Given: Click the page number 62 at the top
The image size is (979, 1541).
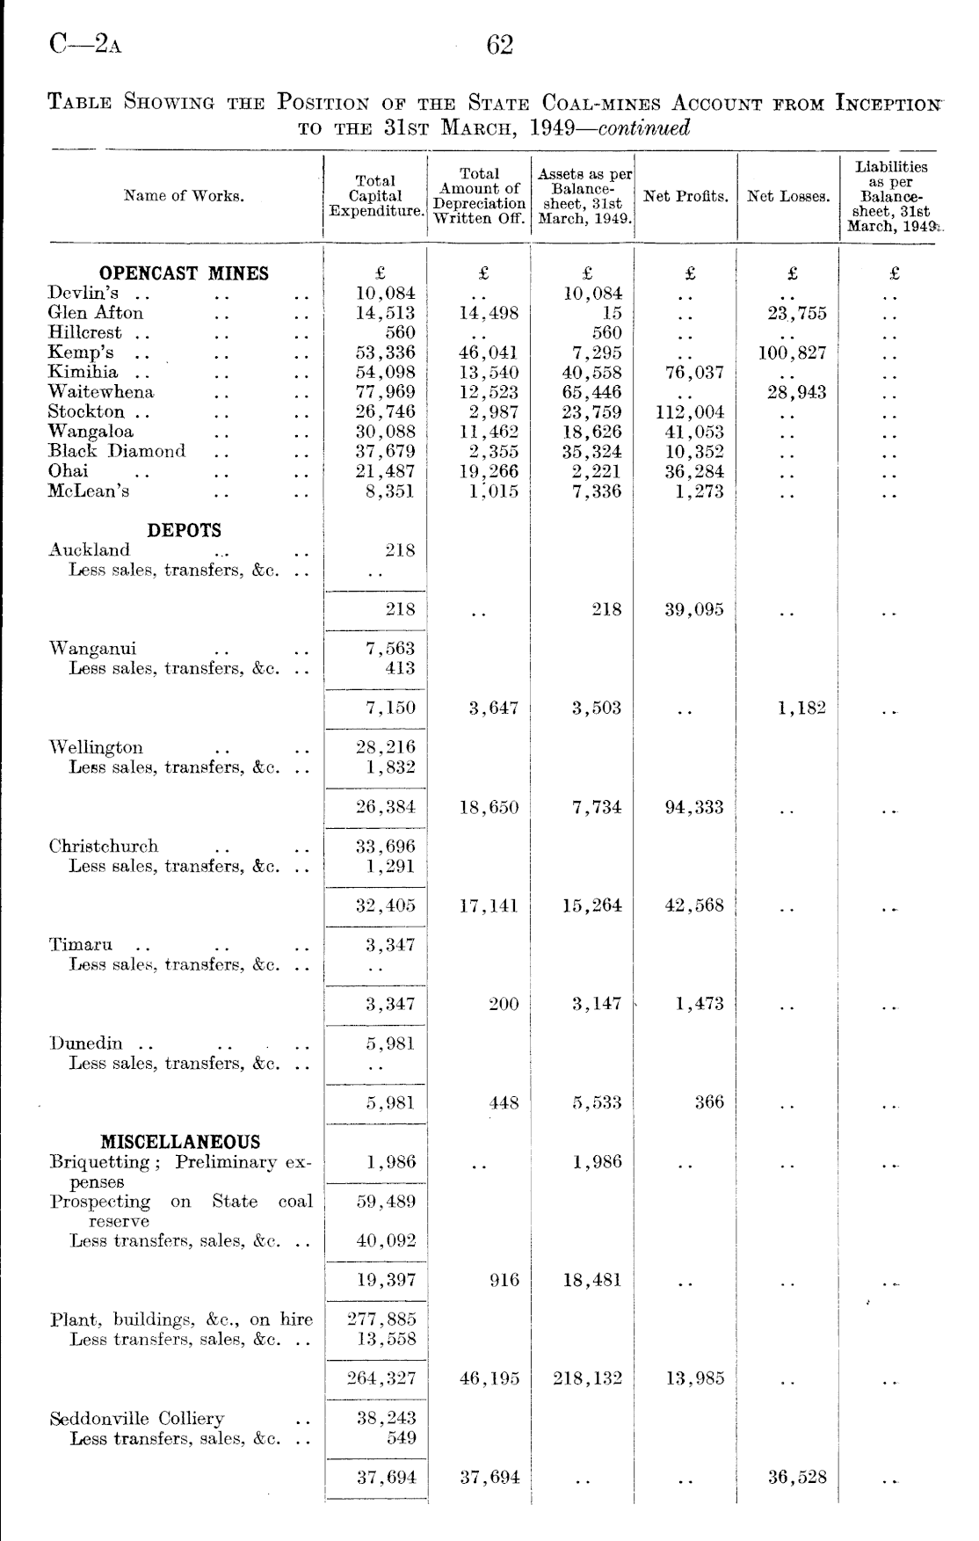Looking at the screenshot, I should tap(499, 45).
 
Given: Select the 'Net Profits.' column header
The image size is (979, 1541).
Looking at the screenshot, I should tap(685, 196).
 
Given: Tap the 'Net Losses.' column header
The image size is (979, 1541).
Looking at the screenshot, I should tap(788, 196).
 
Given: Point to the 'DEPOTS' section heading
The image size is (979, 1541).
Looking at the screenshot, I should tap(184, 530).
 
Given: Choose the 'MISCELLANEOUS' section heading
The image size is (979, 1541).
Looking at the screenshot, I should tap(180, 1142).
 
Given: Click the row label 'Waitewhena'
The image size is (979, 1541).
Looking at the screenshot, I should tap(101, 392).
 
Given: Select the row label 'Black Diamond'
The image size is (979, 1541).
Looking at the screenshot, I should tap(117, 451).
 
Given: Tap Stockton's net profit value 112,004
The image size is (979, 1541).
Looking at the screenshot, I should tap(690, 412).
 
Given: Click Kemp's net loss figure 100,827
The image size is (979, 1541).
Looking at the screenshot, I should tap(792, 353).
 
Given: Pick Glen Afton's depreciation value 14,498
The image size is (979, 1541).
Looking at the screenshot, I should tap(489, 314).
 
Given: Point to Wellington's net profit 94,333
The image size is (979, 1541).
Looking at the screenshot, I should tap(693, 807).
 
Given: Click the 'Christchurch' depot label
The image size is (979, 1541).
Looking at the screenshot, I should tap(104, 847).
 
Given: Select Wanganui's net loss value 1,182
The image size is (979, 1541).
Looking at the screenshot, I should tap(801, 708).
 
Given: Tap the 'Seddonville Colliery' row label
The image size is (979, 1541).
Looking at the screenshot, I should tap(137, 1419).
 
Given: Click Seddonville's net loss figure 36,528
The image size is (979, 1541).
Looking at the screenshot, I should tap(797, 1478).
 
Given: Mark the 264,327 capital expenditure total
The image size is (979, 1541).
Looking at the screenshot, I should tap(381, 1378).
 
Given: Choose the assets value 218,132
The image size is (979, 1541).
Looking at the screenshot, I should tap(587, 1378).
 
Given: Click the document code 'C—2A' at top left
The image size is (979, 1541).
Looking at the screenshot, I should tap(85, 44).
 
